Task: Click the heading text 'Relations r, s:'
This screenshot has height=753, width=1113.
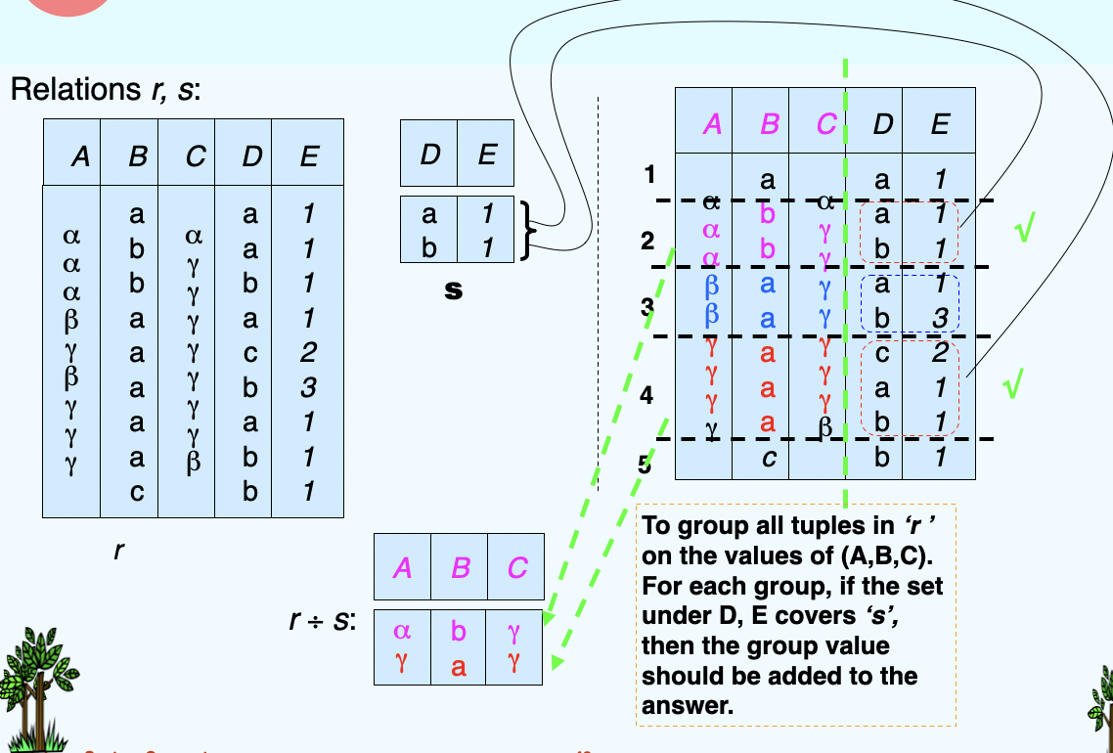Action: (x=106, y=92)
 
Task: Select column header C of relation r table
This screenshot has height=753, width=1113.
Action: (x=194, y=156)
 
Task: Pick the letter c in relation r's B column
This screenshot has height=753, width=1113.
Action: (x=137, y=492)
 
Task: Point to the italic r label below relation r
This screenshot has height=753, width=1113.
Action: (x=118, y=551)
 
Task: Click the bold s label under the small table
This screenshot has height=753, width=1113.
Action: (x=453, y=290)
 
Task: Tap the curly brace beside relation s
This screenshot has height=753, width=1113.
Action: (x=528, y=230)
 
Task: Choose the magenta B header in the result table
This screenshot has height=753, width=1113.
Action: (x=459, y=567)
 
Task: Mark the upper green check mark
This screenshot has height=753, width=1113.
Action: (x=1024, y=232)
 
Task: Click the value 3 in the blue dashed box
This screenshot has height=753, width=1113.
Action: (x=940, y=319)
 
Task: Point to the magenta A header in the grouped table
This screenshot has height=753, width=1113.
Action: (x=711, y=123)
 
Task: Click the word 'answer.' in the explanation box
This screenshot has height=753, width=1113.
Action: (x=688, y=705)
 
